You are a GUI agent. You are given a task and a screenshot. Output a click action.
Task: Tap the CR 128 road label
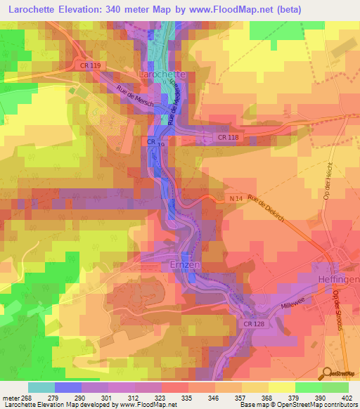pos(254,323)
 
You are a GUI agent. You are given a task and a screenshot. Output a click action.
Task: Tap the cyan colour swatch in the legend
pos(41,387)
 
